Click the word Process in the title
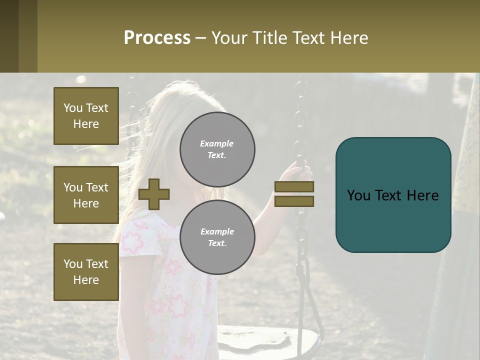157,38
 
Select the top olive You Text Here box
86,116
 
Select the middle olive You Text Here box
86,195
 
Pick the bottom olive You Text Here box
86,272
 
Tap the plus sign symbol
154,194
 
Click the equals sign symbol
294,194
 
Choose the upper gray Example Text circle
217,149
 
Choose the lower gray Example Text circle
217,237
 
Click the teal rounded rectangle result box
393,194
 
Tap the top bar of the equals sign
294,187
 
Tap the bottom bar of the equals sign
294,201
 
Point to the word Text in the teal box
393,195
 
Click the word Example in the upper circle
216,144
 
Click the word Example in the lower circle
217,231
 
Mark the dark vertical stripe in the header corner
9,36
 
